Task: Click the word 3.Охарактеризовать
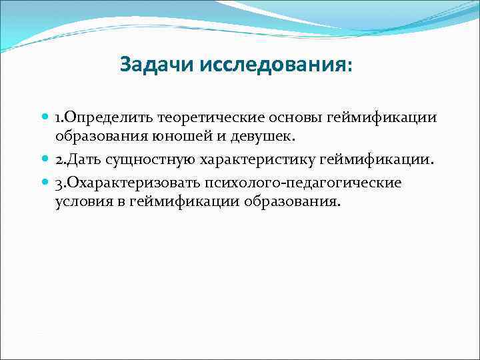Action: pos(126,183)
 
